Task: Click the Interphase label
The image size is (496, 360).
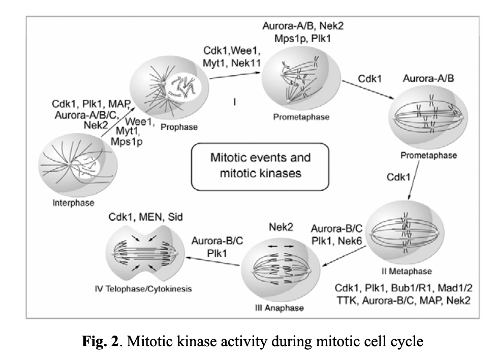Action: coord(74,203)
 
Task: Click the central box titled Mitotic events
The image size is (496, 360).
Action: coord(260,166)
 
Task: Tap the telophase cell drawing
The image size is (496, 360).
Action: coord(144,252)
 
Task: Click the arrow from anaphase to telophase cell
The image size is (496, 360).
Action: coord(212,261)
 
